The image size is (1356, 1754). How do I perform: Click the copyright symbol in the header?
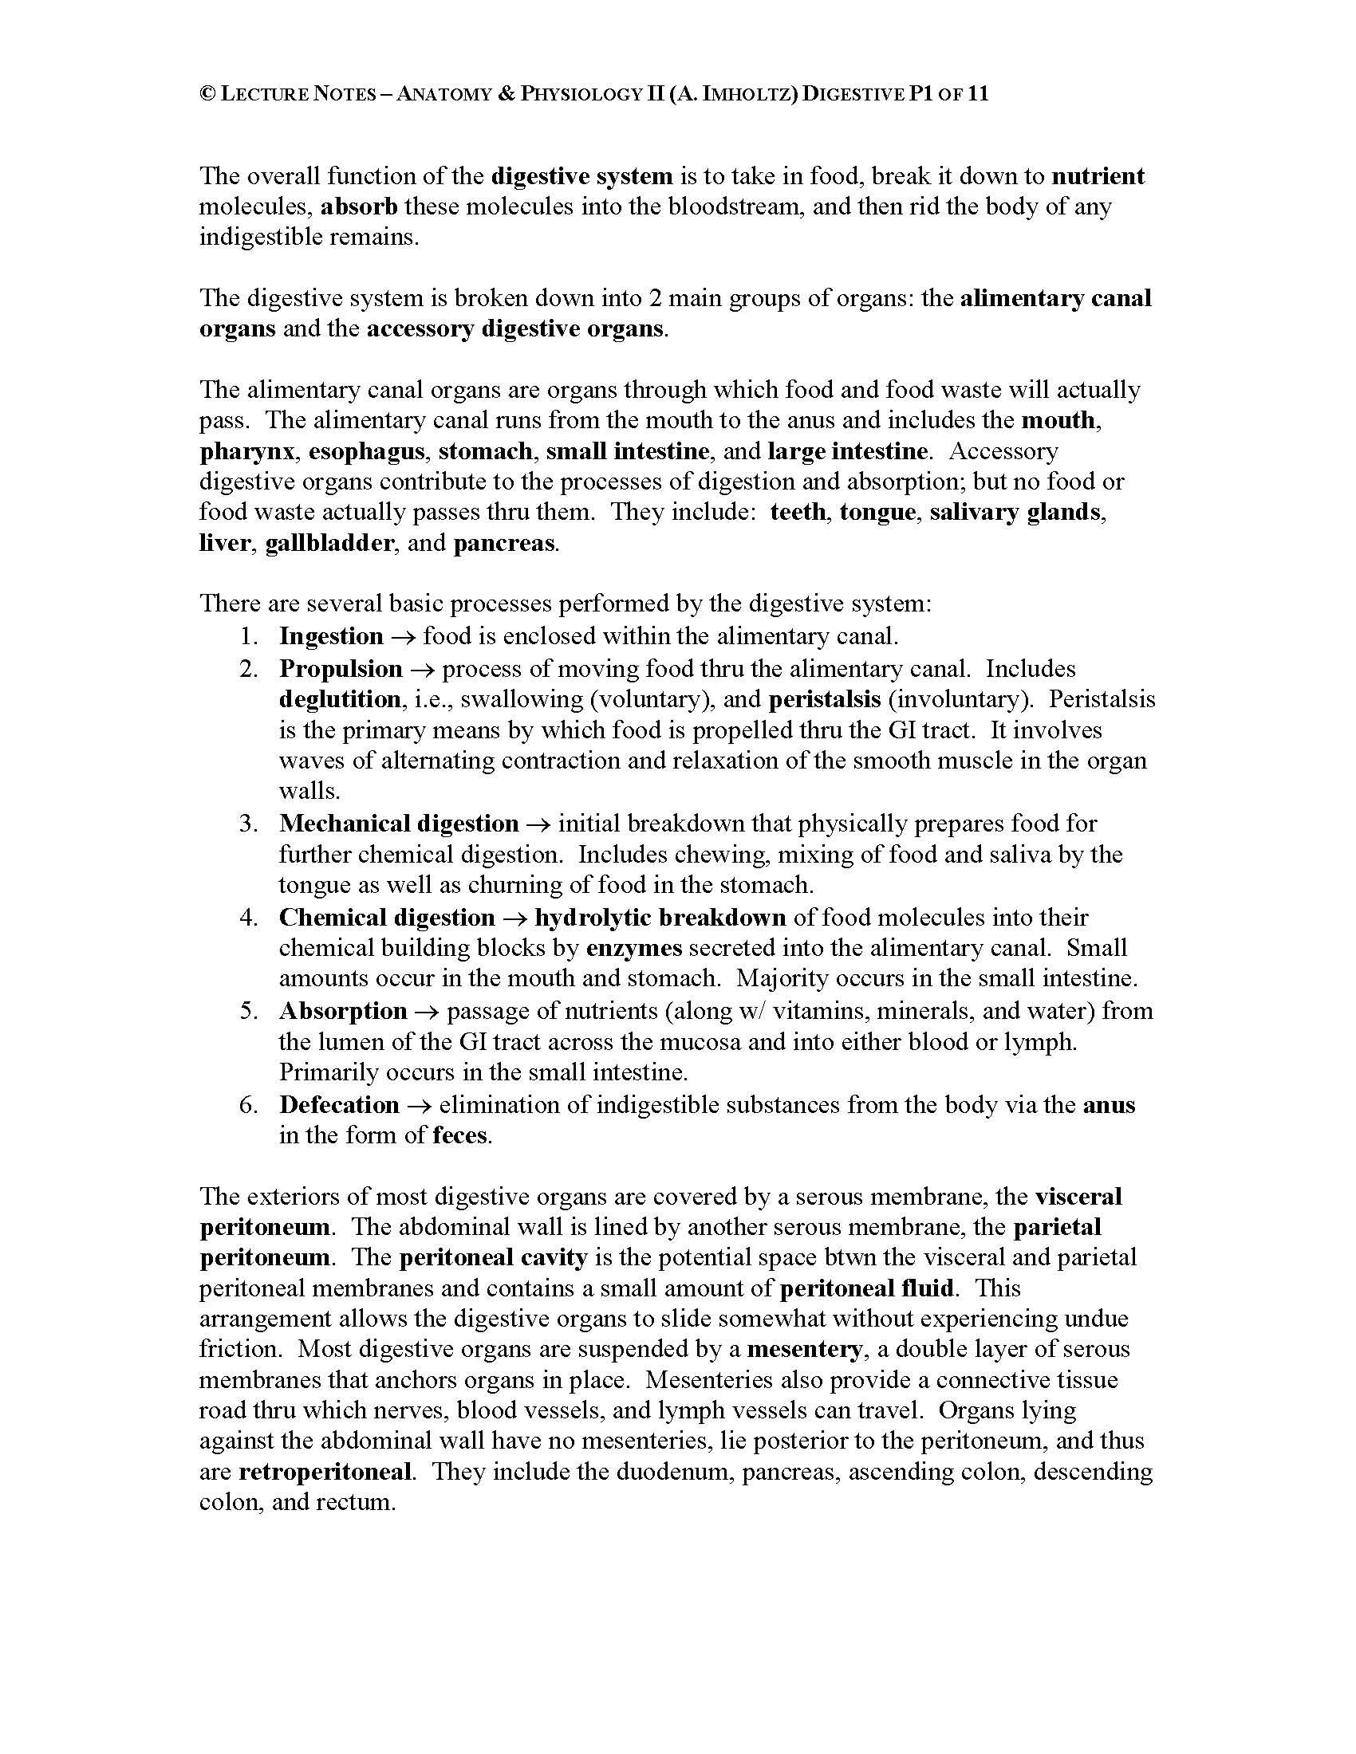tap(207, 95)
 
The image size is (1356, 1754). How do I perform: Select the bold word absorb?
tap(359, 206)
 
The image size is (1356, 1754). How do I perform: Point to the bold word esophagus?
tap(366, 451)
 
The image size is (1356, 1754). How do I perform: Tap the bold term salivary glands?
tap(1015, 513)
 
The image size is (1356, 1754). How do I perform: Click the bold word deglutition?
tap(340, 699)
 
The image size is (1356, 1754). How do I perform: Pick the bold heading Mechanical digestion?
tap(399, 824)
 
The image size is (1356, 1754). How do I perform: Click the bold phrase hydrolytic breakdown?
tap(660, 917)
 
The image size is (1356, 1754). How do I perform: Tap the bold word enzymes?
tap(634, 949)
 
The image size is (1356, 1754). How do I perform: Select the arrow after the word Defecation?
tap(420, 1106)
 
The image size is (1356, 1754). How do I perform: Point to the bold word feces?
tap(459, 1135)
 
